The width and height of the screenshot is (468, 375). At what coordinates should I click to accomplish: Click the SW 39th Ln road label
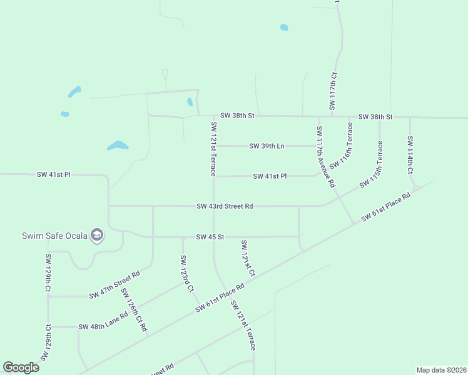267,146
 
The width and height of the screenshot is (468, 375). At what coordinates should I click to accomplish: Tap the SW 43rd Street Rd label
225,206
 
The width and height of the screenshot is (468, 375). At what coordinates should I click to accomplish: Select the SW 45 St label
210,237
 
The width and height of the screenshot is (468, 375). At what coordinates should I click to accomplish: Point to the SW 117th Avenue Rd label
326,157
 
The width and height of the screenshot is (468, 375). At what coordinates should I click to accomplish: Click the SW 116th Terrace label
342,146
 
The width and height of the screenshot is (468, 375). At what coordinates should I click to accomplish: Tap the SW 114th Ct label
410,155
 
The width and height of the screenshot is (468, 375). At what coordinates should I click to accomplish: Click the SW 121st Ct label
248,258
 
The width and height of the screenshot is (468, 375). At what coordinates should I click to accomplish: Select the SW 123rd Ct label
187,274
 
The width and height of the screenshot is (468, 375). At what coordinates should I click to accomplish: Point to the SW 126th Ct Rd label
135,310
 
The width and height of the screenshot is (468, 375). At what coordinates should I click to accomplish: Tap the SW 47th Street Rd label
114,285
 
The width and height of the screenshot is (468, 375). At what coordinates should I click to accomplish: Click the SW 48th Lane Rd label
103,326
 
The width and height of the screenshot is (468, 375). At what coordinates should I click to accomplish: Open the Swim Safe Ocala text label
53,236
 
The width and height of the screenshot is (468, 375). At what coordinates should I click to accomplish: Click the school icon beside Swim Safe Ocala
97,235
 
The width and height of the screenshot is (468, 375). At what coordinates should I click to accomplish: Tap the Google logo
21,367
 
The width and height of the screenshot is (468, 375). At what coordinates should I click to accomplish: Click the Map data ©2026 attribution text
441,370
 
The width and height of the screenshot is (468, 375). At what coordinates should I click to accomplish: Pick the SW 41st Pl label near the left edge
54,174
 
